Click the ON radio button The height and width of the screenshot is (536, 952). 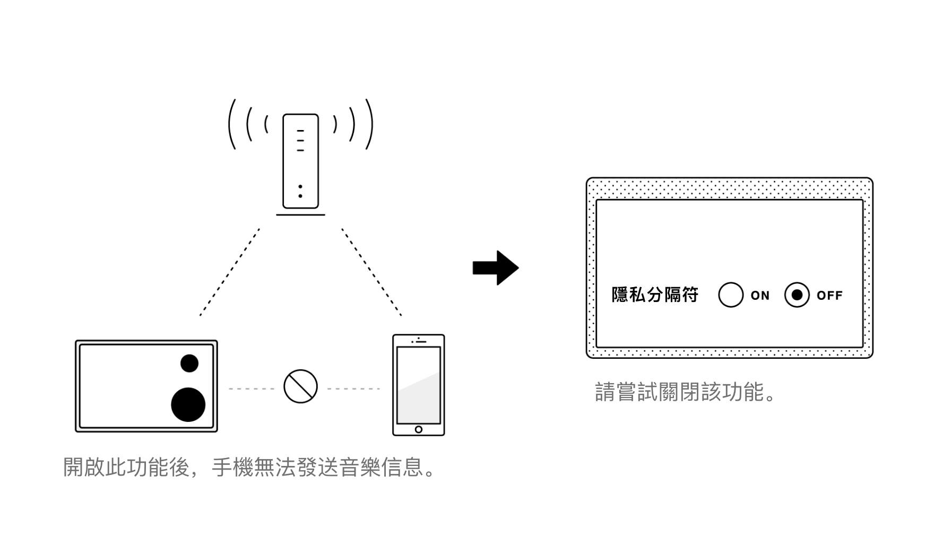tap(730, 295)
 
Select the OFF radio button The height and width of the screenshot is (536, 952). tap(797, 295)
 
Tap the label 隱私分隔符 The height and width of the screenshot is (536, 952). tap(655, 295)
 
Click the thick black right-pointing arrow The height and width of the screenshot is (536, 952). tap(496, 268)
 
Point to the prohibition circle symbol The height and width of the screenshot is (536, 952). tap(300, 386)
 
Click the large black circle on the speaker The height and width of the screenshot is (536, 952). tap(188, 404)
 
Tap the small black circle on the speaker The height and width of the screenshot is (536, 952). tap(189, 364)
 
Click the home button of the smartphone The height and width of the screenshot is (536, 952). tap(419, 429)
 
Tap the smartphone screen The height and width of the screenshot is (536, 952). tap(419, 385)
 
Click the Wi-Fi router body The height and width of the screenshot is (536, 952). tap(300, 161)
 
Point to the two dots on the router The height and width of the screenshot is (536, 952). tap(300, 191)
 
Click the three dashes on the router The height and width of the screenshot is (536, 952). tap(300, 141)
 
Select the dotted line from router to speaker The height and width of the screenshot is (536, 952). tap(230, 272)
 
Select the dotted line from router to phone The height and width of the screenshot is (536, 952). tap(371, 272)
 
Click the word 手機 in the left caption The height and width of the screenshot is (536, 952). tap(232, 468)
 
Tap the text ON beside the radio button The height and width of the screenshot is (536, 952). tap(760, 296)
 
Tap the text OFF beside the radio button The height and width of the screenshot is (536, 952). tap(829, 296)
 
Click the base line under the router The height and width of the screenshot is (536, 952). tap(300, 215)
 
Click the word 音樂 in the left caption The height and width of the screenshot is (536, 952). tap(360, 468)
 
